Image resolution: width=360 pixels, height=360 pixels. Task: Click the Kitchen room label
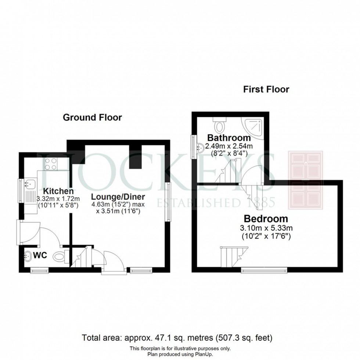tap(58, 191)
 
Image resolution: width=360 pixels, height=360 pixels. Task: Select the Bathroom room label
tap(229, 138)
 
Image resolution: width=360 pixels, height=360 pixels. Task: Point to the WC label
tap(41, 255)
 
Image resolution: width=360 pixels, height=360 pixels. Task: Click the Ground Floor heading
tap(92, 118)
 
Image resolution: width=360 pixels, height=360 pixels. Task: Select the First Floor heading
tap(266, 89)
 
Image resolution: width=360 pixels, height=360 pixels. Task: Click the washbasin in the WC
tap(27, 256)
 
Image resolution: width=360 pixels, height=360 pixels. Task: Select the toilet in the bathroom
tap(220, 126)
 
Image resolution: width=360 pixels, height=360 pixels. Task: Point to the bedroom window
tap(264, 271)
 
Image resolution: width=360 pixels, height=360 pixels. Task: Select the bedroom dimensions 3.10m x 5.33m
tap(264, 228)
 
